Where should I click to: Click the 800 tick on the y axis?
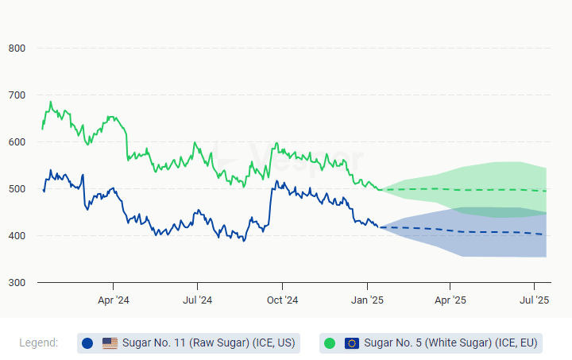tap(17, 48)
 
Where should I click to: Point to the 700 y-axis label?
tap(17, 95)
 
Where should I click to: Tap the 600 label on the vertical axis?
tap(17, 142)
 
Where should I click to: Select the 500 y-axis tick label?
tap(17, 189)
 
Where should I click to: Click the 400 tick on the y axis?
tap(17, 236)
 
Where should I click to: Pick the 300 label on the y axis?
tap(17, 283)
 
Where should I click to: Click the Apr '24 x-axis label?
tap(113, 300)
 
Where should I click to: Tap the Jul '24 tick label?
tap(197, 300)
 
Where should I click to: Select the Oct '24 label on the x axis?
tap(282, 300)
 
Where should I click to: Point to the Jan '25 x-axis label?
tap(367, 300)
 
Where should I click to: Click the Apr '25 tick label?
tap(450, 300)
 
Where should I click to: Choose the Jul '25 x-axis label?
tap(535, 300)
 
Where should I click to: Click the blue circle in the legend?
tap(87, 343)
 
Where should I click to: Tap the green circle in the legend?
tap(330, 343)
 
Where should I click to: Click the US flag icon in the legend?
tap(110, 343)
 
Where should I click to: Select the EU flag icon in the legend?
tap(352, 343)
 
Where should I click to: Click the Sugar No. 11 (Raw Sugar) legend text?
tap(208, 343)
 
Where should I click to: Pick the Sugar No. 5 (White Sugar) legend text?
tap(451, 343)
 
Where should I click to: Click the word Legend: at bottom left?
tap(39, 343)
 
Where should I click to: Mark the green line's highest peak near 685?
tap(51, 102)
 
